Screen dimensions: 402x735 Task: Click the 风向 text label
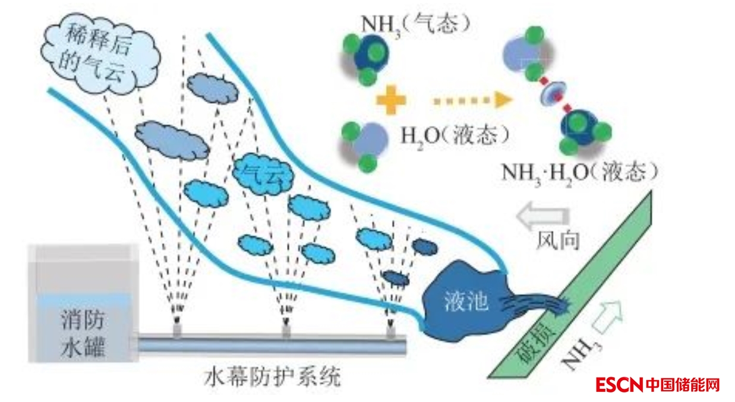(x=557, y=240)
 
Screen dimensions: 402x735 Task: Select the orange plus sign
(x=391, y=99)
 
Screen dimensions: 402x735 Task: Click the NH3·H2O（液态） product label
(x=579, y=172)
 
